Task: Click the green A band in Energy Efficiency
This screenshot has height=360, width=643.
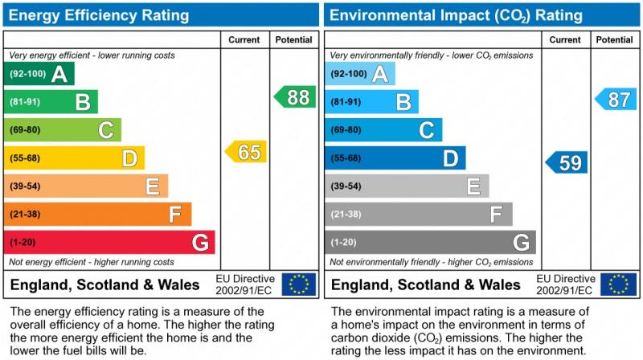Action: (39, 74)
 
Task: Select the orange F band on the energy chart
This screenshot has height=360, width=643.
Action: (97, 215)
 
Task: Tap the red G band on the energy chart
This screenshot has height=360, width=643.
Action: (109, 242)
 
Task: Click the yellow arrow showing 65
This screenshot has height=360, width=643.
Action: (246, 152)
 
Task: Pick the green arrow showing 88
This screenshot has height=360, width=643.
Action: (295, 97)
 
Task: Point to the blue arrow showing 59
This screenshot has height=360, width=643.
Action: (567, 162)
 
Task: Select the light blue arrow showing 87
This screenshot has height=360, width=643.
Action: (616, 100)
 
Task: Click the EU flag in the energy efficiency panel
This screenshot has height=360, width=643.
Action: (299, 284)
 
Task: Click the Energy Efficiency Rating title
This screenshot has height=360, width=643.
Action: (100, 15)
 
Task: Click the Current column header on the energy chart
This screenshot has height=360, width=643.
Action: (244, 39)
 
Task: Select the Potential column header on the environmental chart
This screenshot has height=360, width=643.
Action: (615, 39)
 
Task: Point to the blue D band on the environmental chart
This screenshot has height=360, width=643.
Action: (395, 158)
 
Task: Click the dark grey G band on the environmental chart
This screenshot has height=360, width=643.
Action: (430, 242)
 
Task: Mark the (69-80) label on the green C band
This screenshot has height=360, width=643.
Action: (25, 130)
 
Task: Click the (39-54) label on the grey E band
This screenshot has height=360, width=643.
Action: (346, 186)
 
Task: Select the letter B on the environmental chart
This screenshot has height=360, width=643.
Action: (403, 102)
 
